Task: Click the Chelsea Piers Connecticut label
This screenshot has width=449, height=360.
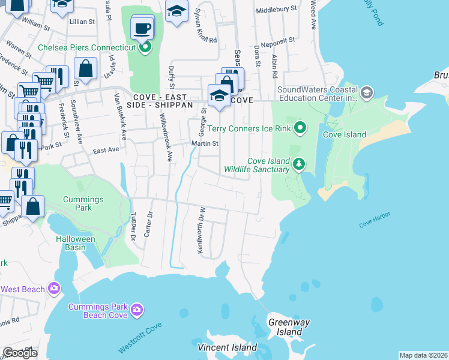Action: coord(86,47)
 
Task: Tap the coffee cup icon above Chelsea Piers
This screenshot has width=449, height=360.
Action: coord(142,28)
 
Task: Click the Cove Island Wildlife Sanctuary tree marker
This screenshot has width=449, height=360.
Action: coord(298,163)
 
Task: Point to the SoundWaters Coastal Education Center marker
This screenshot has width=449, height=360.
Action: coord(367,93)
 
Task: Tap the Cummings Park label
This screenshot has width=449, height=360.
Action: coord(83,203)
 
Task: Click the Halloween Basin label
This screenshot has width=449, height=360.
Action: coord(76,243)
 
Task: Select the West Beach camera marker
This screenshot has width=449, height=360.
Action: coord(55,289)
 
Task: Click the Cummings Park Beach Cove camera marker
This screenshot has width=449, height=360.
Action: coord(137,310)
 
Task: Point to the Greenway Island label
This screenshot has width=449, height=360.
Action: coord(289,327)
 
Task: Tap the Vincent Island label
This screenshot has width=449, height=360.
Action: coord(228,347)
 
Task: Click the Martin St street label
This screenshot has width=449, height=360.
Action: coord(205,143)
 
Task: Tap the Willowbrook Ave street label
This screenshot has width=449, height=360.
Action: coord(170,144)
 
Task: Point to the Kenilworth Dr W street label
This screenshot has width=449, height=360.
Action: coord(202,230)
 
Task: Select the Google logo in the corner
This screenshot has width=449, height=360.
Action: coord(20,353)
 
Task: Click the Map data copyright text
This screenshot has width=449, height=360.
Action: coord(423,355)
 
